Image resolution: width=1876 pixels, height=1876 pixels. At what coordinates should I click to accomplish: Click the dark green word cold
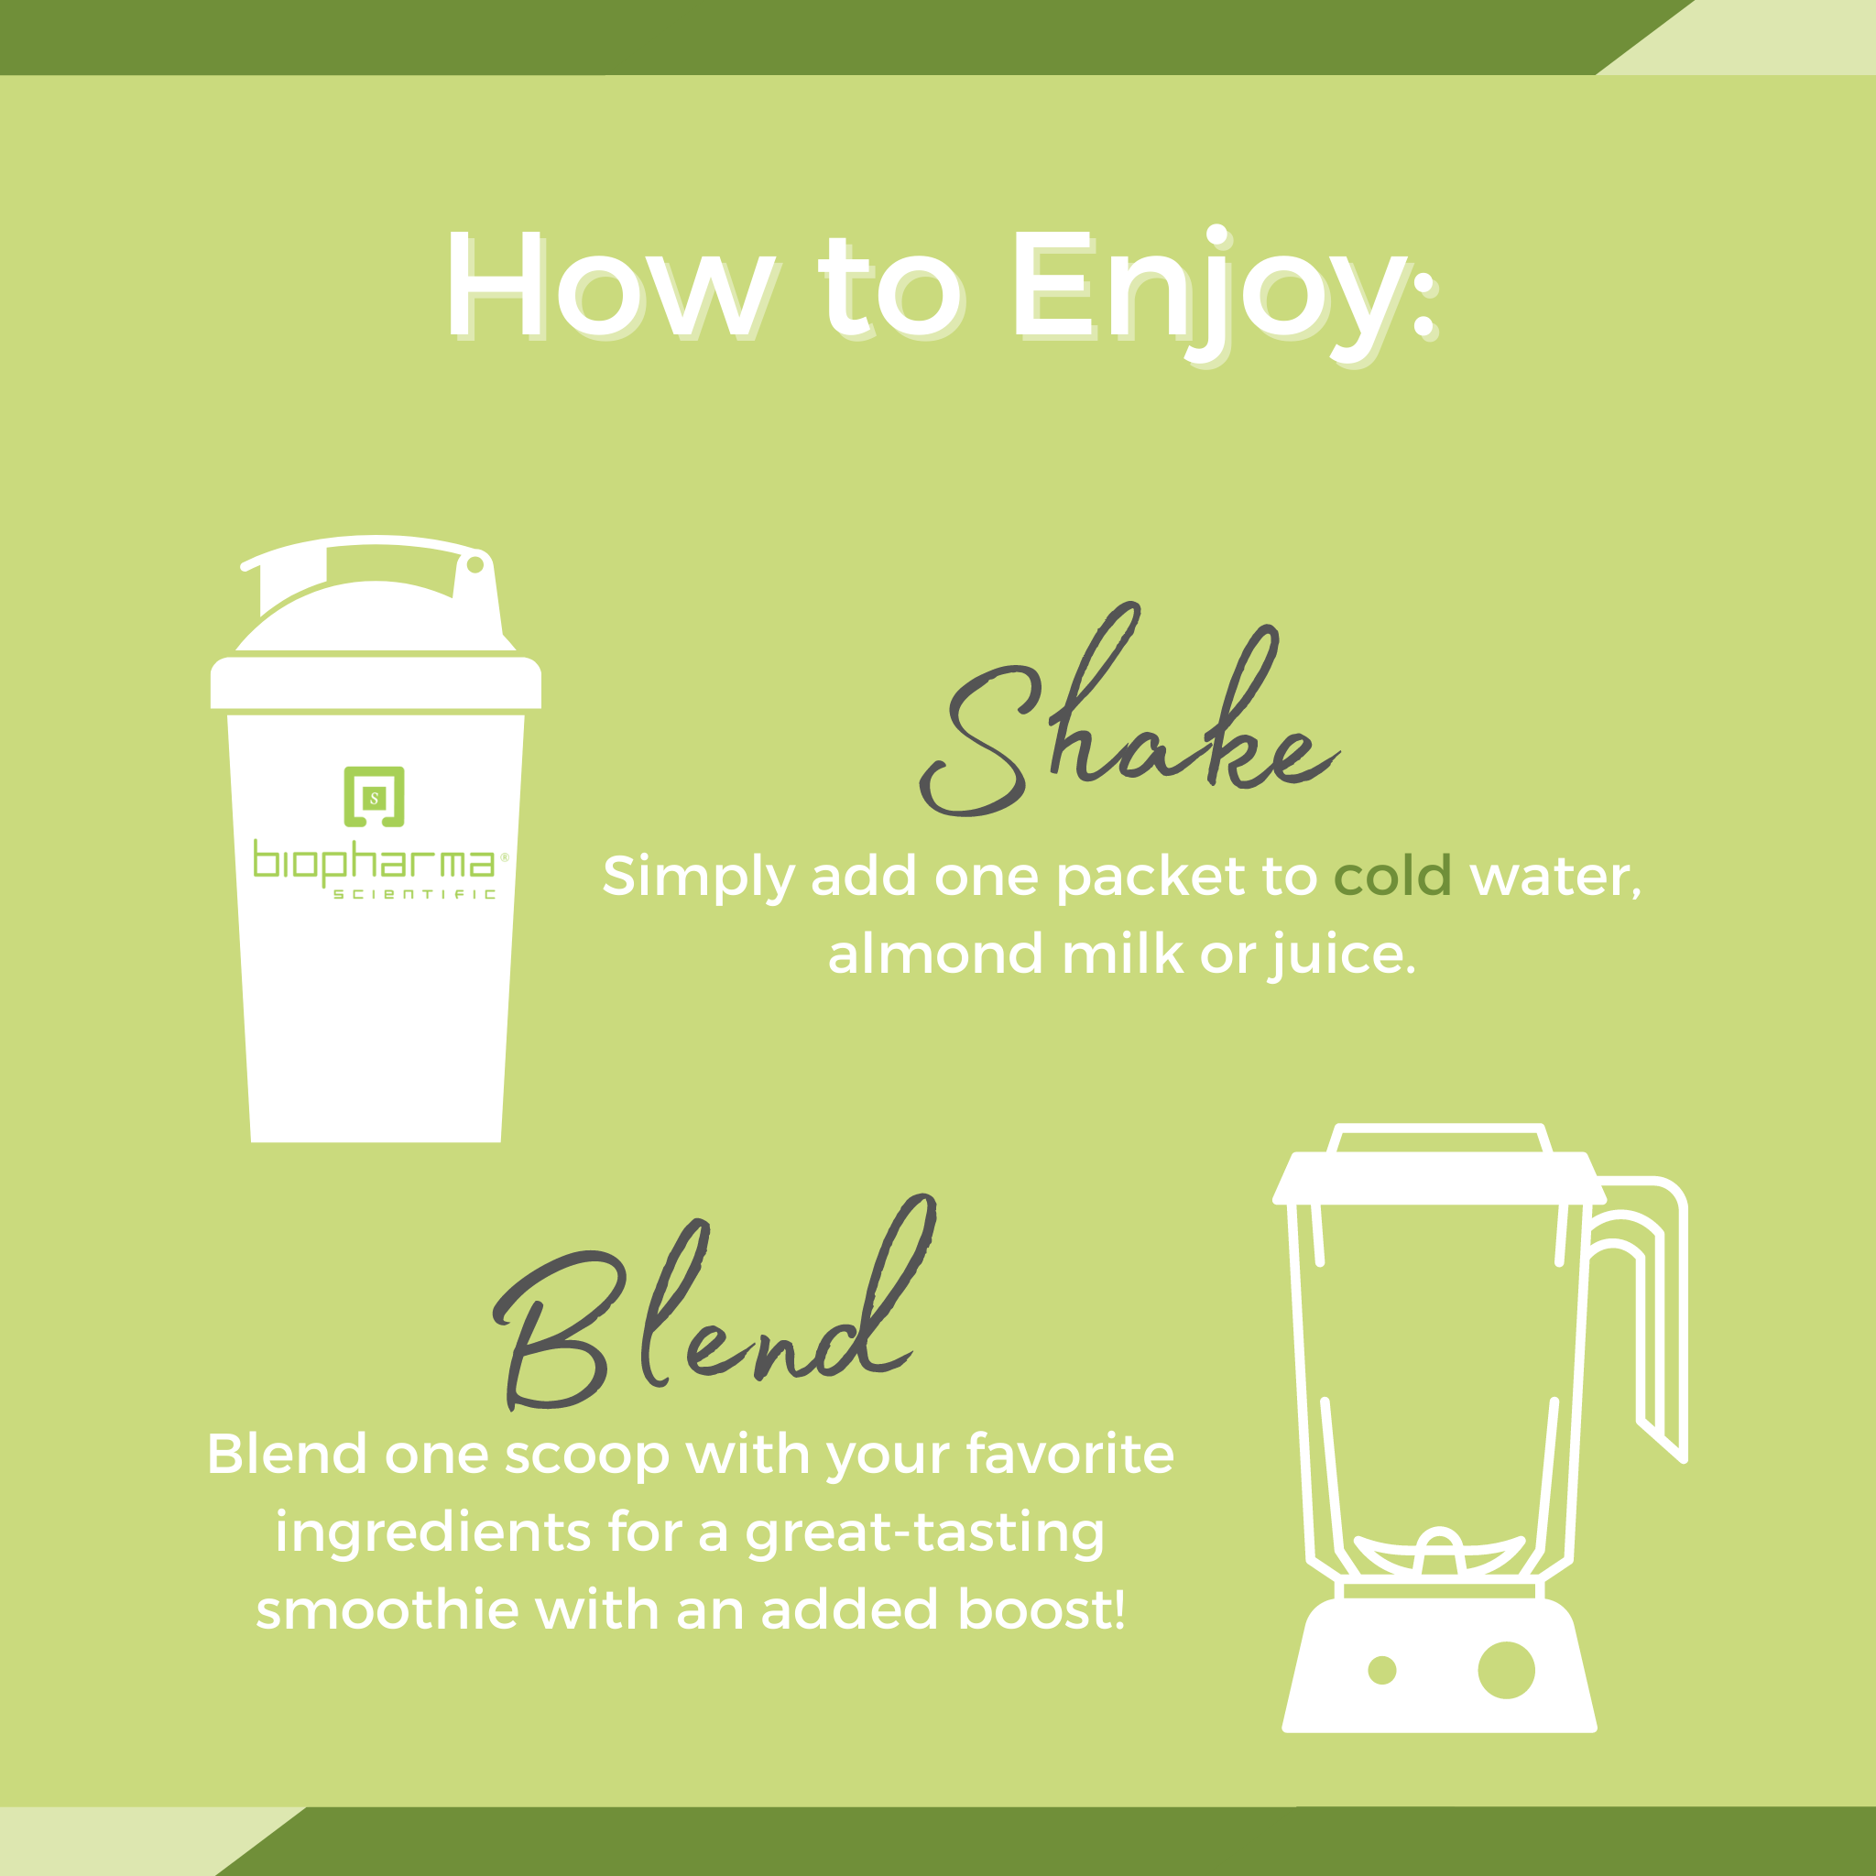(x=1392, y=877)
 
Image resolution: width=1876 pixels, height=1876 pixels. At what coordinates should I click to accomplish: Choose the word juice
(x=1343, y=955)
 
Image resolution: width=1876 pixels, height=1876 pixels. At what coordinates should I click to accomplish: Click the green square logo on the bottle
(x=374, y=797)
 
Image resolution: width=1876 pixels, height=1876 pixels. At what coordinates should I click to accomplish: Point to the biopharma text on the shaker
(x=374, y=861)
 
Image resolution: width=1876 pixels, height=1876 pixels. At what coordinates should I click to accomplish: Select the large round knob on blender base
(x=1506, y=1670)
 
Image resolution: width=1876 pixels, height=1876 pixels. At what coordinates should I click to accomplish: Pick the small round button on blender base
(x=1381, y=1670)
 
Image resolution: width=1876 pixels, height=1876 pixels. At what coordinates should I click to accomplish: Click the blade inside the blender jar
(x=1439, y=1551)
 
